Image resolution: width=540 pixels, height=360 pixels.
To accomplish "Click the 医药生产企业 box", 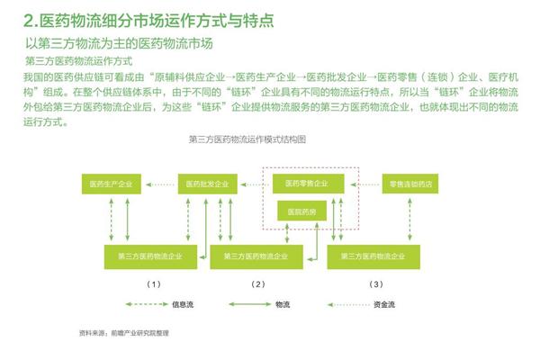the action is tap(112, 184).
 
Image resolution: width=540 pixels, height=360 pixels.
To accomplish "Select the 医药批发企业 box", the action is tap(207, 184).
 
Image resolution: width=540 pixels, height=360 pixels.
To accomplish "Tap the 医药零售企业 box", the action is tap(308, 184).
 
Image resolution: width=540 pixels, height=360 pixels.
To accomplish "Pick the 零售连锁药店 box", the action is tap(410, 184).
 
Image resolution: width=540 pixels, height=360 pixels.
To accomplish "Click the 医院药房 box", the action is tap(302, 211).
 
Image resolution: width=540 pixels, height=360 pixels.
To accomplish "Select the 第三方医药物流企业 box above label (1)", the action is tap(150, 256).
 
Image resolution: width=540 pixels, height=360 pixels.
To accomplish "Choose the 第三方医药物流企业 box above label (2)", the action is tap(256, 256).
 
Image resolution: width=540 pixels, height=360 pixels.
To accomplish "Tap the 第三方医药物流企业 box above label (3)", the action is tap(373, 256).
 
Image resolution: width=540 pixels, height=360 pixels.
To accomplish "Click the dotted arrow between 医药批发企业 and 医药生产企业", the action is tap(160, 184).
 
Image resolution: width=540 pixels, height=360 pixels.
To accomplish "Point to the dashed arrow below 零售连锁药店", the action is tap(409, 219).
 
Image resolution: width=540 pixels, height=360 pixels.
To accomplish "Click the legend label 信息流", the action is tap(183, 304).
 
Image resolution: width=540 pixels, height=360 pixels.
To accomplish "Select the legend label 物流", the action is tap(283, 304).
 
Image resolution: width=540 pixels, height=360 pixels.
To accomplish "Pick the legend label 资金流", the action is tap(384, 304).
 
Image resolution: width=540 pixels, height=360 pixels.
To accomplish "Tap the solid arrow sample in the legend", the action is tap(250, 304).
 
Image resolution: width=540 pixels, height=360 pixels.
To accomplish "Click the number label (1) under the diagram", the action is tap(154, 284).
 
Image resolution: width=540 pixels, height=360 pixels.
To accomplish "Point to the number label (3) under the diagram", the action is tap(376, 284).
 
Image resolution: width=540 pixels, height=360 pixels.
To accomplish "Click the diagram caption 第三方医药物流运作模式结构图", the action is tap(247, 139).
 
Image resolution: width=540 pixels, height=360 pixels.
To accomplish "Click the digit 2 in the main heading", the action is tap(29, 21).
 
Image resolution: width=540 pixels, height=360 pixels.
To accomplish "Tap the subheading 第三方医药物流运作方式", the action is tap(79, 61).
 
